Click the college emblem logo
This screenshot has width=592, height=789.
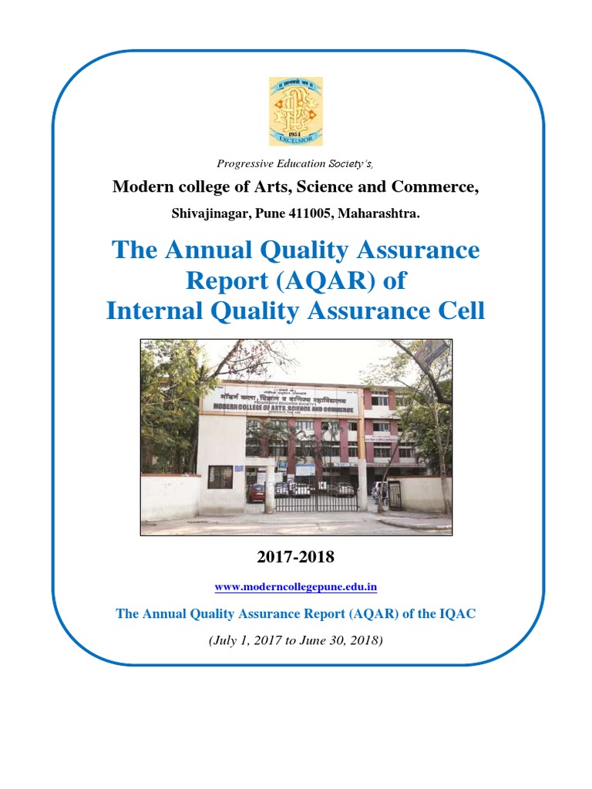[x=296, y=111]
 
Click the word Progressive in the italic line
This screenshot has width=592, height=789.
[x=244, y=163]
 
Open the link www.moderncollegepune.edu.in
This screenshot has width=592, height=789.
[x=295, y=587]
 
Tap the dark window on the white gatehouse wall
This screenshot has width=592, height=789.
[x=220, y=478]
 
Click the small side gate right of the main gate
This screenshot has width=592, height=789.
[x=394, y=495]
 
